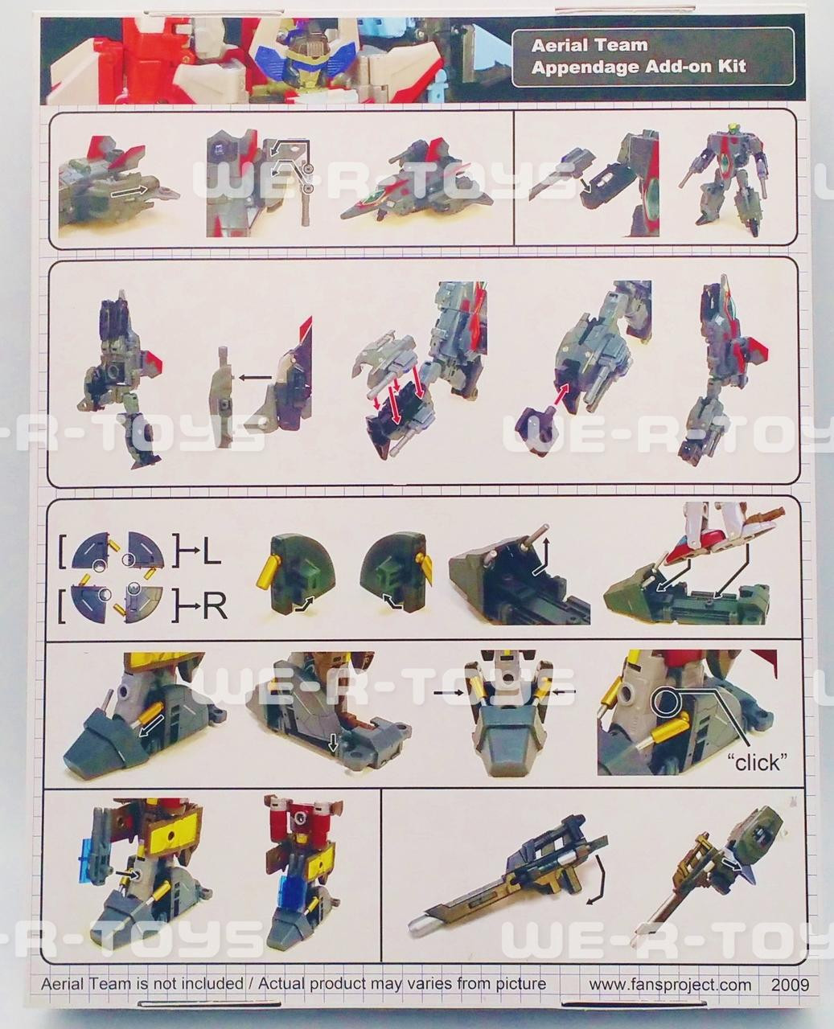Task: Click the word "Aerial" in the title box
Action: [x=559, y=45]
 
